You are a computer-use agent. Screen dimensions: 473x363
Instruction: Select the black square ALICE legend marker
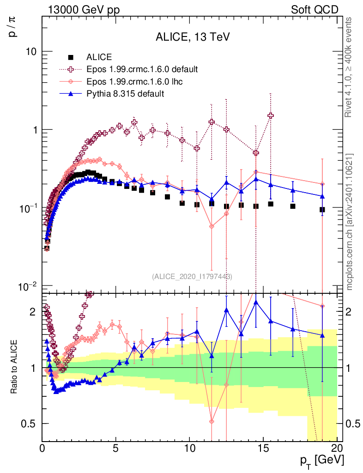pyautogui.click(x=71, y=58)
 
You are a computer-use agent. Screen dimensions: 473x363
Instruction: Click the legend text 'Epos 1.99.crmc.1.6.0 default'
pyautogui.click(x=142, y=69)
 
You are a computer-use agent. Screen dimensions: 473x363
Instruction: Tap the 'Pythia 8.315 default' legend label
pyautogui.click(x=125, y=93)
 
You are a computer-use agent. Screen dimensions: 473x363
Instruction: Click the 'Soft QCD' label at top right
pyautogui.click(x=315, y=10)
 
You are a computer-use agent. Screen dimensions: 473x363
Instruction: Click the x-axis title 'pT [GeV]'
pyautogui.click(x=322, y=460)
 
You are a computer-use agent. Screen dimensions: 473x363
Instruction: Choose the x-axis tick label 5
pyautogui.click(x=116, y=448)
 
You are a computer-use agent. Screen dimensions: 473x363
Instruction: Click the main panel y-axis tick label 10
pyautogui.click(x=31, y=52)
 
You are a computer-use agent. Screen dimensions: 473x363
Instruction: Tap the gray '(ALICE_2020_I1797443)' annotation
pyautogui.click(x=192, y=277)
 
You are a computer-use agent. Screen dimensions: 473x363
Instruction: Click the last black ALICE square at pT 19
pyautogui.click(x=322, y=210)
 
